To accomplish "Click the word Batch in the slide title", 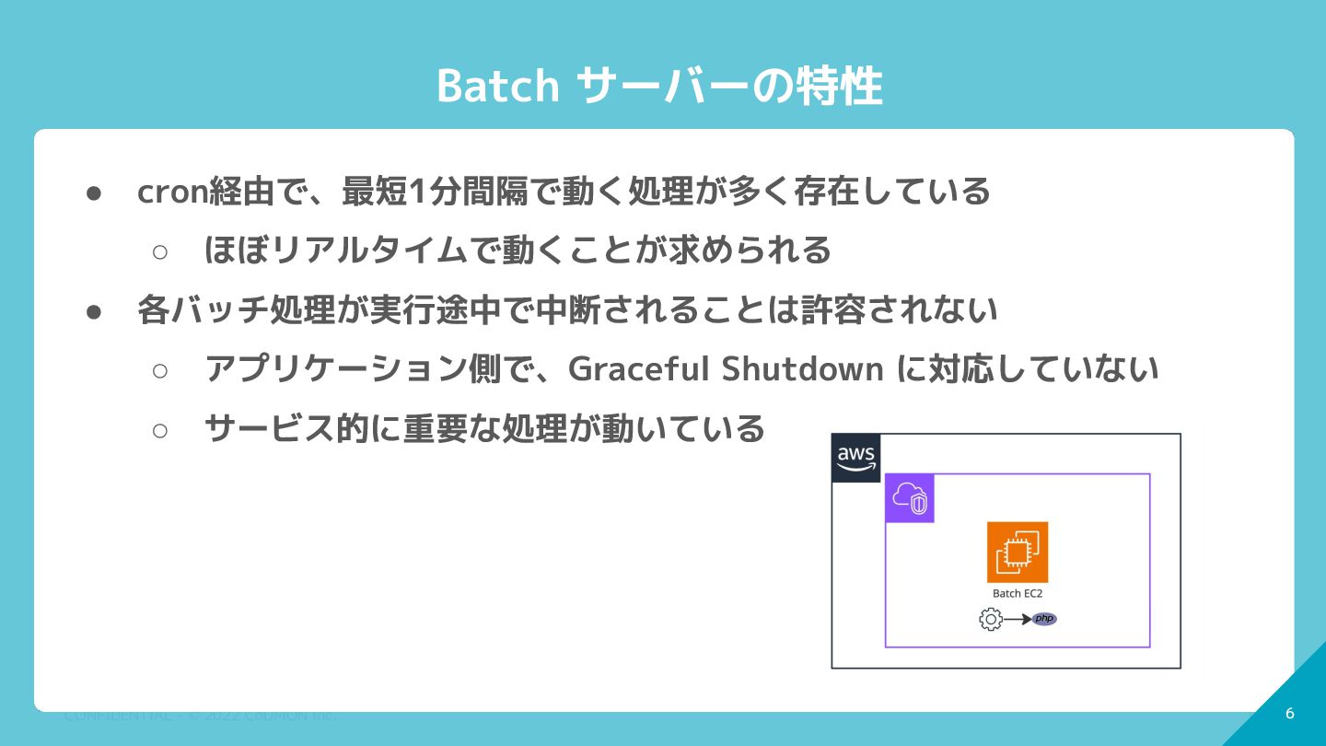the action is pyautogui.click(x=497, y=87).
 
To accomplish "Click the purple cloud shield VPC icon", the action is pyautogui.click(x=910, y=498).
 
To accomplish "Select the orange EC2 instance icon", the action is pyautogui.click(x=1018, y=553).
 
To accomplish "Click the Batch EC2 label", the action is pyautogui.click(x=1018, y=594).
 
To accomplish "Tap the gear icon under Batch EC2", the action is pyautogui.click(x=991, y=619).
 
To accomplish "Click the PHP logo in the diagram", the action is pyautogui.click(x=1044, y=619).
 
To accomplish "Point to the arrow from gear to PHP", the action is pyautogui.click(x=1017, y=619).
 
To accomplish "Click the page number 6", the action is pyautogui.click(x=1289, y=714).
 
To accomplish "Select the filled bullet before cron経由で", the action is pyautogui.click(x=93, y=192).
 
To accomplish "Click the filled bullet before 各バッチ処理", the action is pyautogui.click(x=93, y=310).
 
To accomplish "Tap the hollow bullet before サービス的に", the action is pyautogui.click(x=159, y=429).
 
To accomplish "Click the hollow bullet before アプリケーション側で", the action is pyautogui.click(x=159, y=369).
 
